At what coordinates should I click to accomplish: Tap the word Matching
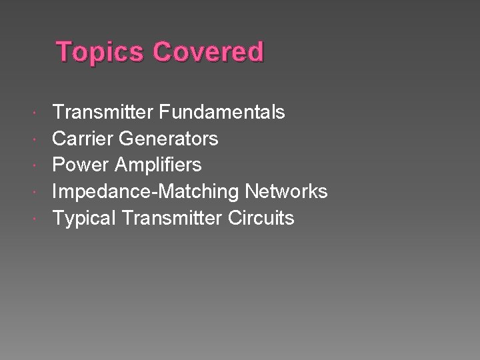tap(194, 192)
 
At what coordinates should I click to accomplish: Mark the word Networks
tap(286, 191)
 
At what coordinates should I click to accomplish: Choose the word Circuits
tap(261, 218)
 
